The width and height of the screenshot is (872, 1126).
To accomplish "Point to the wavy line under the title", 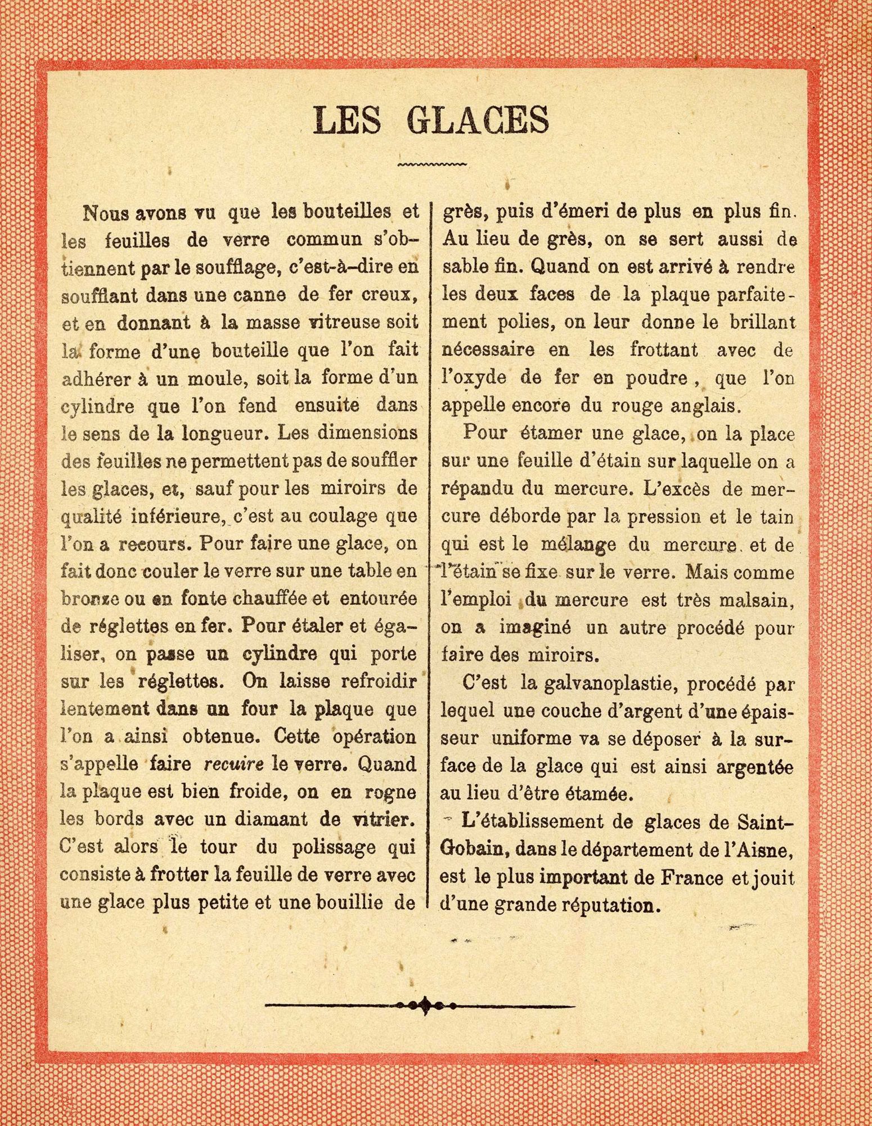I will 431,164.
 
